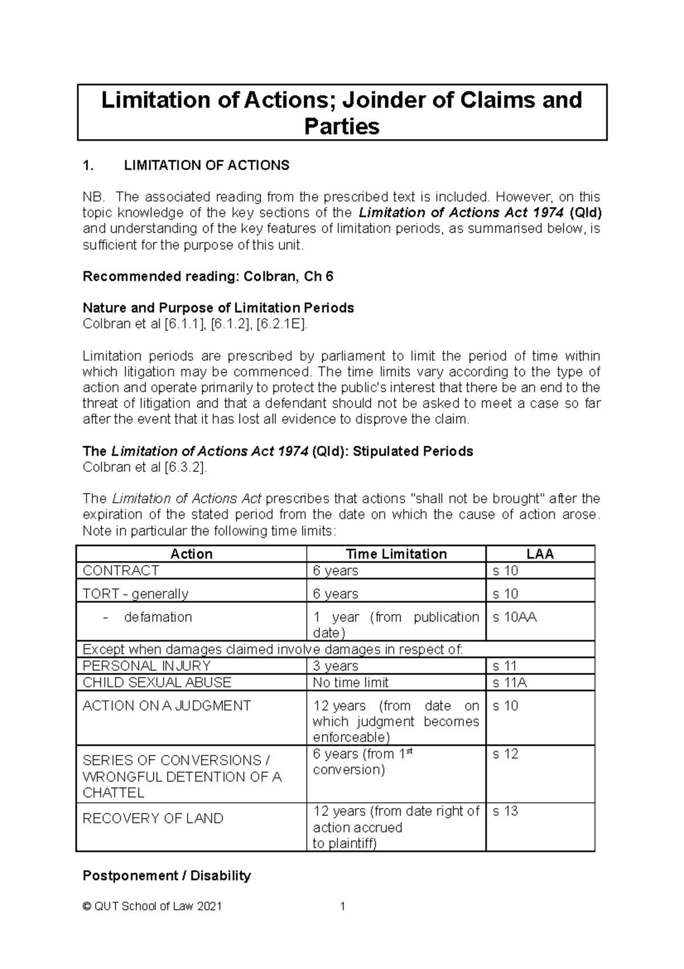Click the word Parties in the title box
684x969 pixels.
point(341,126)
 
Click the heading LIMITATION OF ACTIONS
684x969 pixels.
point(206,165)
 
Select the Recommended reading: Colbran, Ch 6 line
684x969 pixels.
point(208,277)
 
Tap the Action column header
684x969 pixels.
point(192,554)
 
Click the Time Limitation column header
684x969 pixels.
point(396,554)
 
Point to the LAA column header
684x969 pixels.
point(540,554)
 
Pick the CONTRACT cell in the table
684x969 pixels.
point(121,571)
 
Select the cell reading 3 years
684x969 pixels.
point(335,666)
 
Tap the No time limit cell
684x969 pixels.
point(351,683)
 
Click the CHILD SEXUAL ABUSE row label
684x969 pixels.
point(157,683)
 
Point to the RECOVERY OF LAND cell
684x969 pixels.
point(153,818)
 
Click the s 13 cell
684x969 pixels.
point(505,811)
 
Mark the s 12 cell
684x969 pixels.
point(505,754)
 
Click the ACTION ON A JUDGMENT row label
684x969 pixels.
point(166,706)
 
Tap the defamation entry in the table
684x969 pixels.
point(158,617)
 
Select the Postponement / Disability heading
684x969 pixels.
point(166,875)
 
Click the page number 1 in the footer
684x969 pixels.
point(343,906)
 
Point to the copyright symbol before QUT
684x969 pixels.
point(87,906)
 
